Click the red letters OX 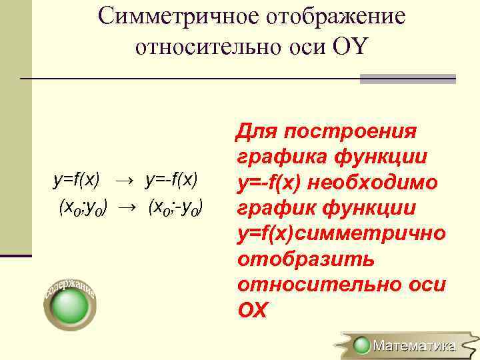click(252, 310)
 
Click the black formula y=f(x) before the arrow click(77, 179)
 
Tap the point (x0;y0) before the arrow click(85, 207)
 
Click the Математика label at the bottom click(413, 345)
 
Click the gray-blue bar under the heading click(407, 79)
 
